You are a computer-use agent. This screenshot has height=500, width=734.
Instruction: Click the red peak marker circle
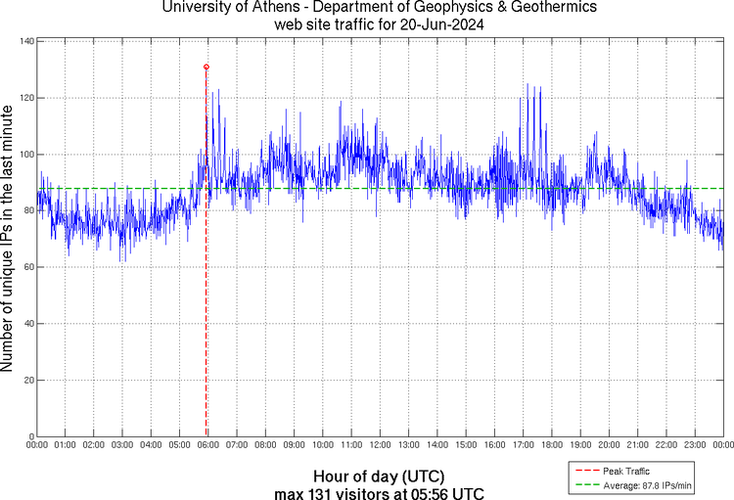tap(206, 67)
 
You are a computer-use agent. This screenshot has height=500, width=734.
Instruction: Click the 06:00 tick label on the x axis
tap(208, 445)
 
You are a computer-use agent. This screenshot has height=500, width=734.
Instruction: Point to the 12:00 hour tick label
tap(380, 445)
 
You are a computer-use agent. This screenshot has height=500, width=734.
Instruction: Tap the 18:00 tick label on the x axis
tap(551, 445)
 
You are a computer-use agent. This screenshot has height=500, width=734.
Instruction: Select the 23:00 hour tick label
tap(694, 445)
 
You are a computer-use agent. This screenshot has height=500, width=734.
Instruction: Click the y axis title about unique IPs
tap(9, 240)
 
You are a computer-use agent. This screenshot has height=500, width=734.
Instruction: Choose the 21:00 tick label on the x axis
tap(636, 445)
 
